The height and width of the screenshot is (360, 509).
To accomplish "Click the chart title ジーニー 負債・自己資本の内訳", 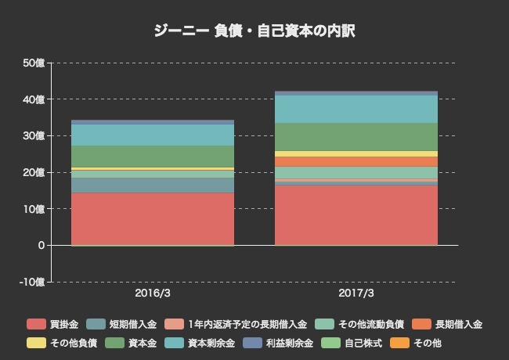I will click(x=254, y=31).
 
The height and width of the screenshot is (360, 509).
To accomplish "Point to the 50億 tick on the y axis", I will click(x=34, y=63).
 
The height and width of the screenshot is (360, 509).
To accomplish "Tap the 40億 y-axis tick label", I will click(x=34, y=99).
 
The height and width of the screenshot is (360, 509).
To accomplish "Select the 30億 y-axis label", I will click(x=34, y=135).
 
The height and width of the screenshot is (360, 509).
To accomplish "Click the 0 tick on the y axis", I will click(x=40, y=245).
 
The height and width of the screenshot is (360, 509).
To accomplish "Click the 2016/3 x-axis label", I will click(x=153, y=293).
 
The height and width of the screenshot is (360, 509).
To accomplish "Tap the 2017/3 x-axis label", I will click(x=356, y=293).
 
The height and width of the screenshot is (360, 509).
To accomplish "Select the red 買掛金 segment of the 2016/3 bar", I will click(x=153, y=218).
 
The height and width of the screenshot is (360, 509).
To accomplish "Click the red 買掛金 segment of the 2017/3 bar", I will click(x=356, y=214).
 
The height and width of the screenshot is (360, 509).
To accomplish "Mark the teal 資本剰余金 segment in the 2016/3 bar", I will click(x=153, y=135).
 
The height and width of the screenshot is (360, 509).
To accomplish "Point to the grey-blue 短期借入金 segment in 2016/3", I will click(x=153, y=185).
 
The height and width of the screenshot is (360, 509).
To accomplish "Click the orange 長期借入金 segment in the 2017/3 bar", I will click(x=356, y=162).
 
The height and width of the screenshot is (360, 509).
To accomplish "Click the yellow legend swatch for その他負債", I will click(x=36, y=343).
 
